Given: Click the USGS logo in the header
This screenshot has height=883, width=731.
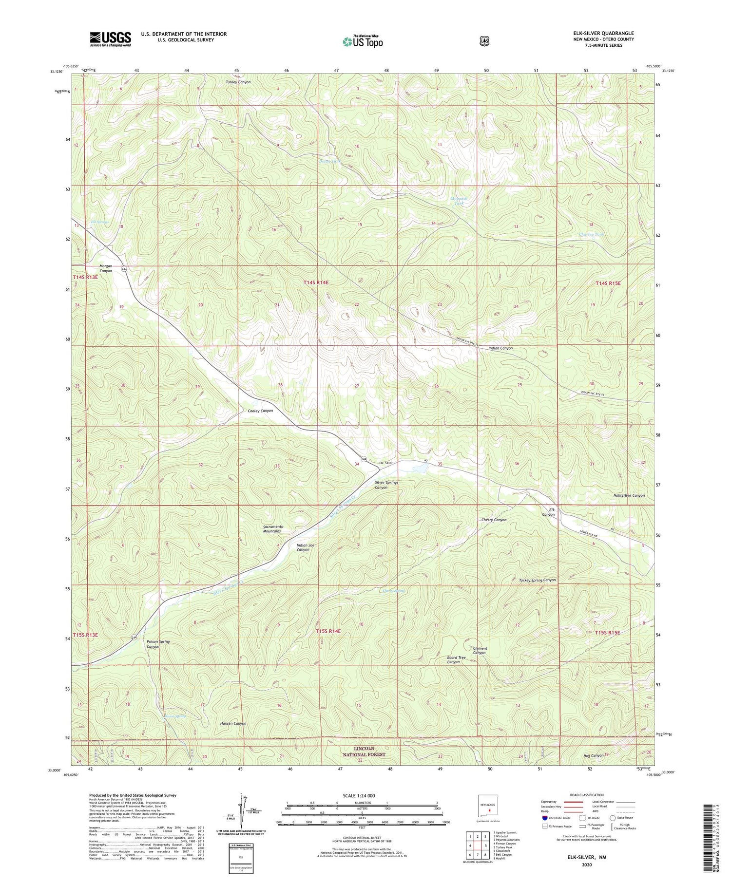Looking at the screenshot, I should pos(110,39).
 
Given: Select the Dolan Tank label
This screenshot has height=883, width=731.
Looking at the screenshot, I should pos(330,161).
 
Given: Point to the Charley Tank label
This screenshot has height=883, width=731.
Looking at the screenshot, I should pos(591,234).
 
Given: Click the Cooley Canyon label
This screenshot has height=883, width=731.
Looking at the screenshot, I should pos(258,411).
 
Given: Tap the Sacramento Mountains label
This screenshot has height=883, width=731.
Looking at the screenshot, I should pos(272,528).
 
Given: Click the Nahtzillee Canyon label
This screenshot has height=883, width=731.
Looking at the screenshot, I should pos(629,495).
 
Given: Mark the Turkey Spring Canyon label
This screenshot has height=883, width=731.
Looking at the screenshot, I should pos(537,580).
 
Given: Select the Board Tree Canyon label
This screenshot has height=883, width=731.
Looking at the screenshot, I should pos(456,659).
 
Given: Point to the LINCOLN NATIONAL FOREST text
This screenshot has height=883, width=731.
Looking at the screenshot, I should pos(364,751).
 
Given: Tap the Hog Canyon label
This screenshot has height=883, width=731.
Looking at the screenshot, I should pos(593,755).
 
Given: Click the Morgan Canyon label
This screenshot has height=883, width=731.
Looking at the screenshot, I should pos(106,268).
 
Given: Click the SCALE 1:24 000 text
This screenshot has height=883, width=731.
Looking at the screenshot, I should pos(362,795).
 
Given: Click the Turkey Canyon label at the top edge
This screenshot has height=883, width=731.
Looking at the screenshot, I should pos(238,82).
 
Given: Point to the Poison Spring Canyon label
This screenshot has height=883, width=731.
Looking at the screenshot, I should pos(158,644).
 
